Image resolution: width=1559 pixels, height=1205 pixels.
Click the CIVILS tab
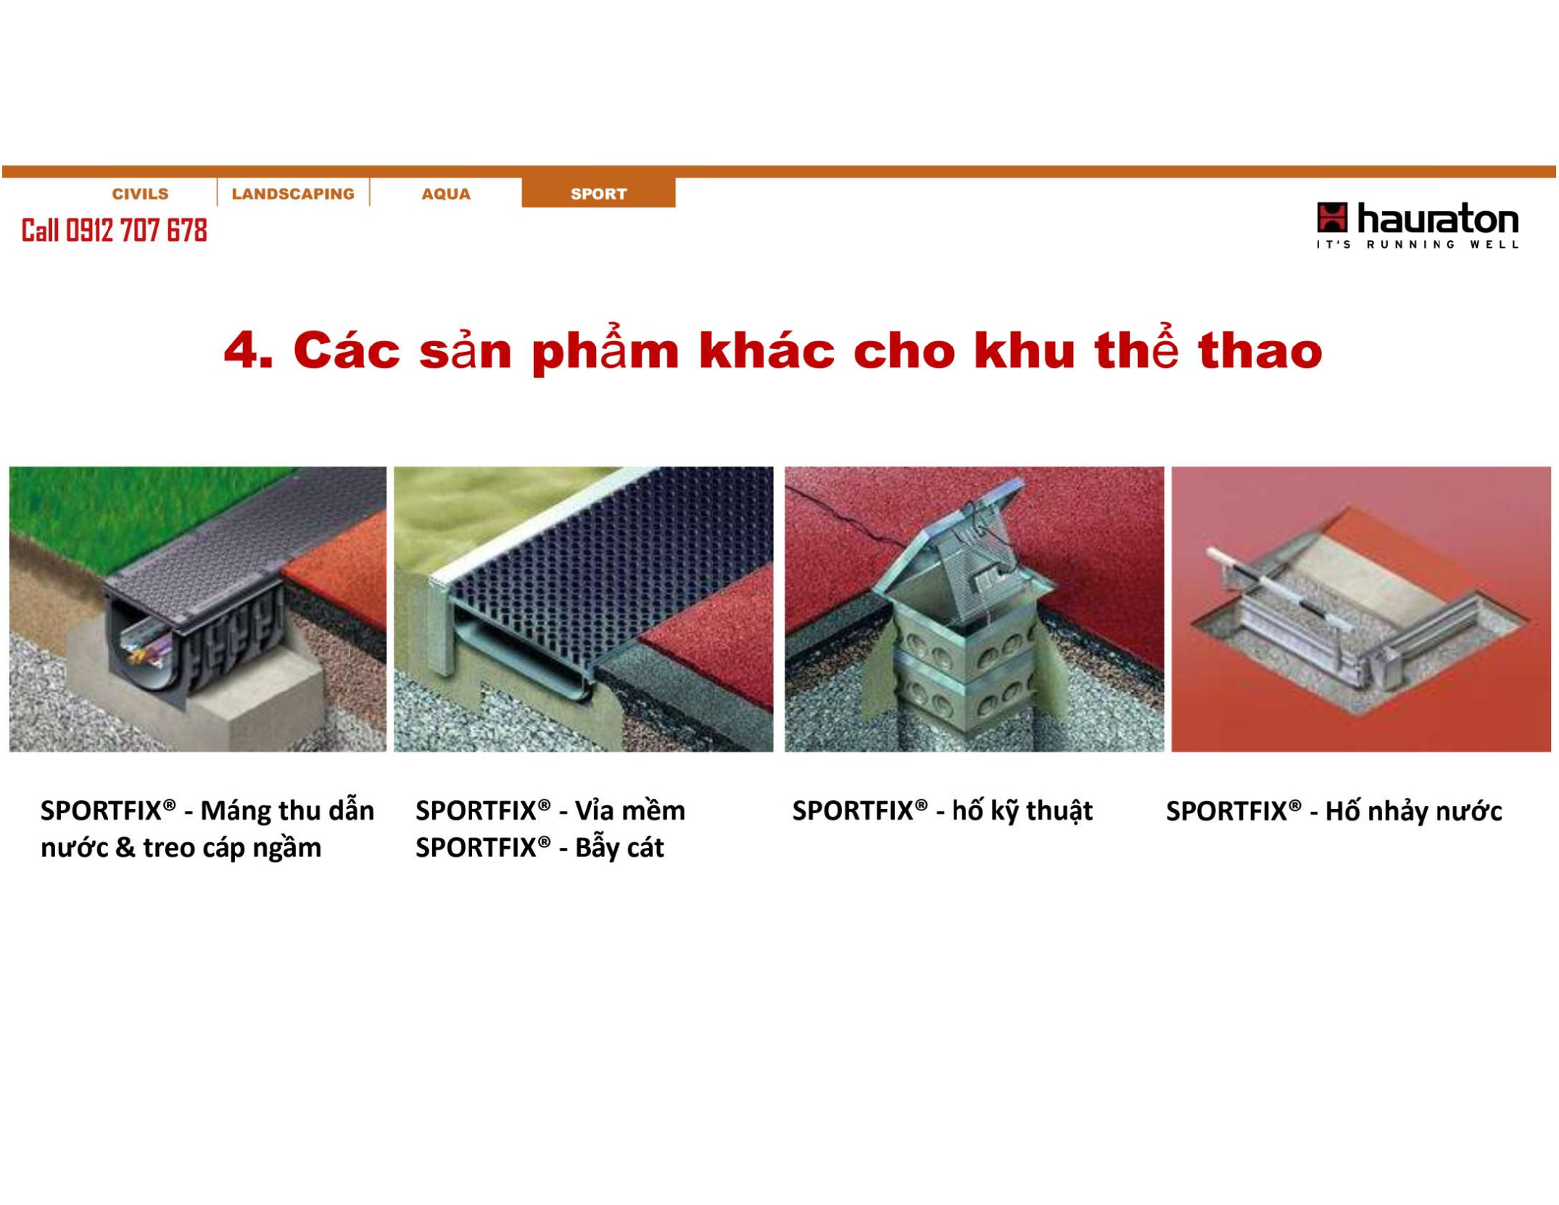[140, 194]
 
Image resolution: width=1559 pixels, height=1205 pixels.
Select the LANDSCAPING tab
[293, 194]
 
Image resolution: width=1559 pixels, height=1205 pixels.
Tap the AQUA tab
[446, 194]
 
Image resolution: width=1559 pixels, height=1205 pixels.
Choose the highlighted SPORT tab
[598, 193]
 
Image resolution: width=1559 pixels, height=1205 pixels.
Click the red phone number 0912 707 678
[136, 231]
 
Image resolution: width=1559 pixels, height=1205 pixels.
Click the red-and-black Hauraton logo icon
[1332, 218]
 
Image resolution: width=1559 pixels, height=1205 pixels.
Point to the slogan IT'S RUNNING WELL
[1418, 244]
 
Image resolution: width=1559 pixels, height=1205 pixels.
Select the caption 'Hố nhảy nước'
[1413, 811]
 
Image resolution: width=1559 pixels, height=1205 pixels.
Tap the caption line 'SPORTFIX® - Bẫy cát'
[539, 848]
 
